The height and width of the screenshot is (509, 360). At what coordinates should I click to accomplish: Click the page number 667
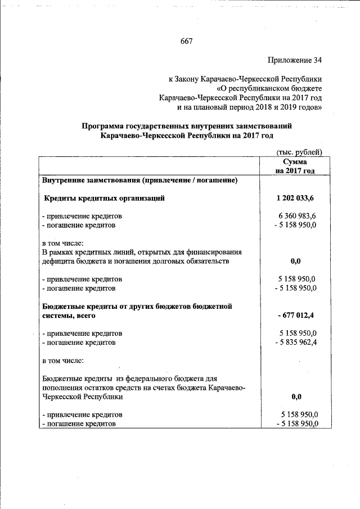click(x=187, y=40)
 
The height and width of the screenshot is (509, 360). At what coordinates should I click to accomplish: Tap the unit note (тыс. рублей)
click(x=299, y=152)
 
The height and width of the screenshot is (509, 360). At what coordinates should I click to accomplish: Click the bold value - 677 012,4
click(x=296, y=316)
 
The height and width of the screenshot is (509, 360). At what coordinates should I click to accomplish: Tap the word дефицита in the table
click(x=59, y=262)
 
